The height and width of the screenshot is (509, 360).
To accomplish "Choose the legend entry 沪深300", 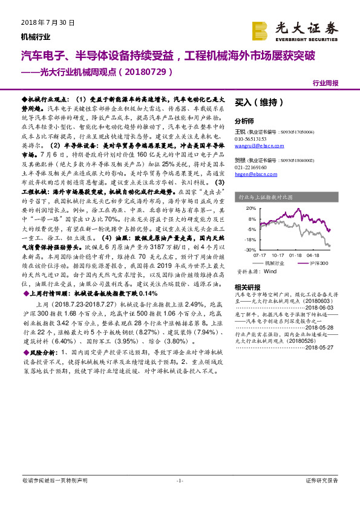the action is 316,264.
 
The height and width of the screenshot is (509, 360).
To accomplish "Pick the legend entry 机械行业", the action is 276,264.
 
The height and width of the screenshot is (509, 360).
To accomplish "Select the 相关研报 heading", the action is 247,287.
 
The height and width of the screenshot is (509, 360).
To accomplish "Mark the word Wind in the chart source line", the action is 271,273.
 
